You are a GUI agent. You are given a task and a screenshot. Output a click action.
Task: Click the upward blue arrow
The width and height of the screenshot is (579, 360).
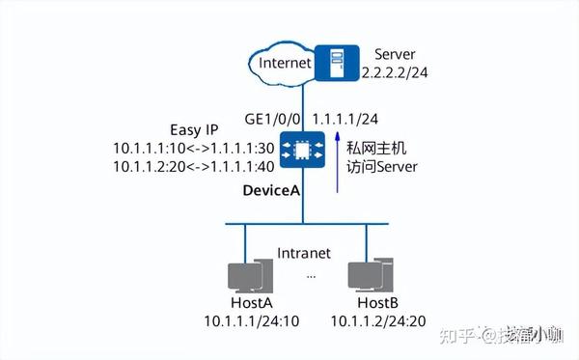(337, 165)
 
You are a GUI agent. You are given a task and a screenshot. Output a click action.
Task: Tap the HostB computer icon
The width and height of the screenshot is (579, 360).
(370, 275)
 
